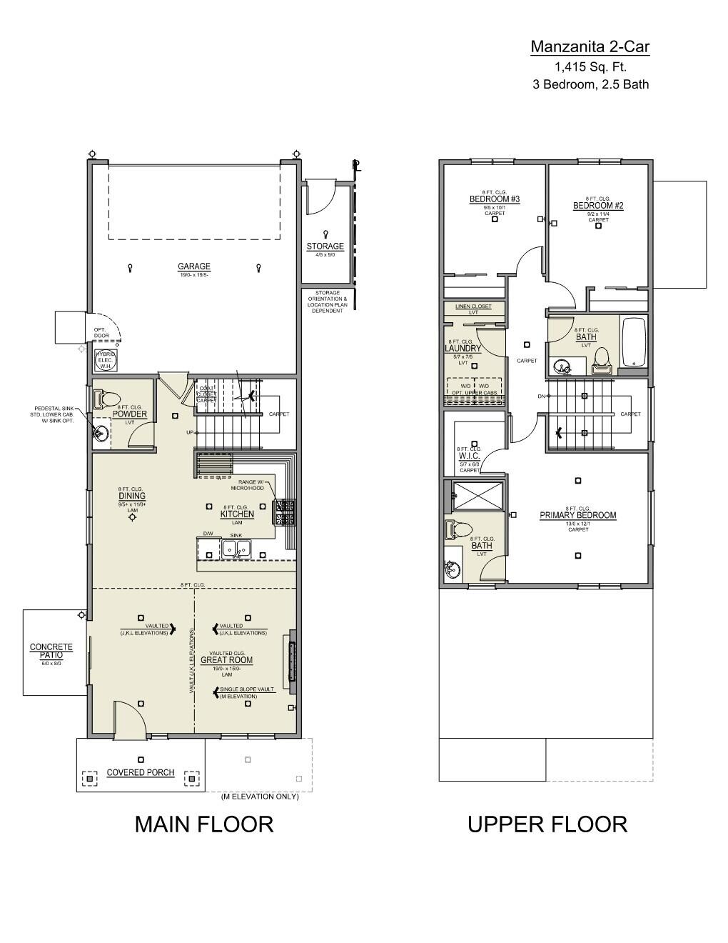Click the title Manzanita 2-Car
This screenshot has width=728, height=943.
[590, 47]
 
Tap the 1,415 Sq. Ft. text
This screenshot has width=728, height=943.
[590, 67]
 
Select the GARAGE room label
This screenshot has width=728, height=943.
[194, 267]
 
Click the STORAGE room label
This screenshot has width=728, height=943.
[325, 246]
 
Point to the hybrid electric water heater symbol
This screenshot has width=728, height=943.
[106, 359]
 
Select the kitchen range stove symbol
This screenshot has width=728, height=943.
[286, 512]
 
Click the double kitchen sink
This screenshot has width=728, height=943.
[236, 549]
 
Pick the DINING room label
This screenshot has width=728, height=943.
[132, 496]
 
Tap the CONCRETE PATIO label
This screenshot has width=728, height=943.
[51, 651]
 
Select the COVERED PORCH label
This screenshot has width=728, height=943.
[141, 772]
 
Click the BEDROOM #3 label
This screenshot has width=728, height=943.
[494, 199]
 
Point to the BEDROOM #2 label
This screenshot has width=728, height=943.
[598, 206]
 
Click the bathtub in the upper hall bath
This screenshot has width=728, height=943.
[634, 343]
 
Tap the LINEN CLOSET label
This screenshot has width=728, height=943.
[473, 306]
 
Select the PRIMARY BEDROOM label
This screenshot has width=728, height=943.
[577, 515]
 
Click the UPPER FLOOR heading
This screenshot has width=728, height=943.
[547, 824]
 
